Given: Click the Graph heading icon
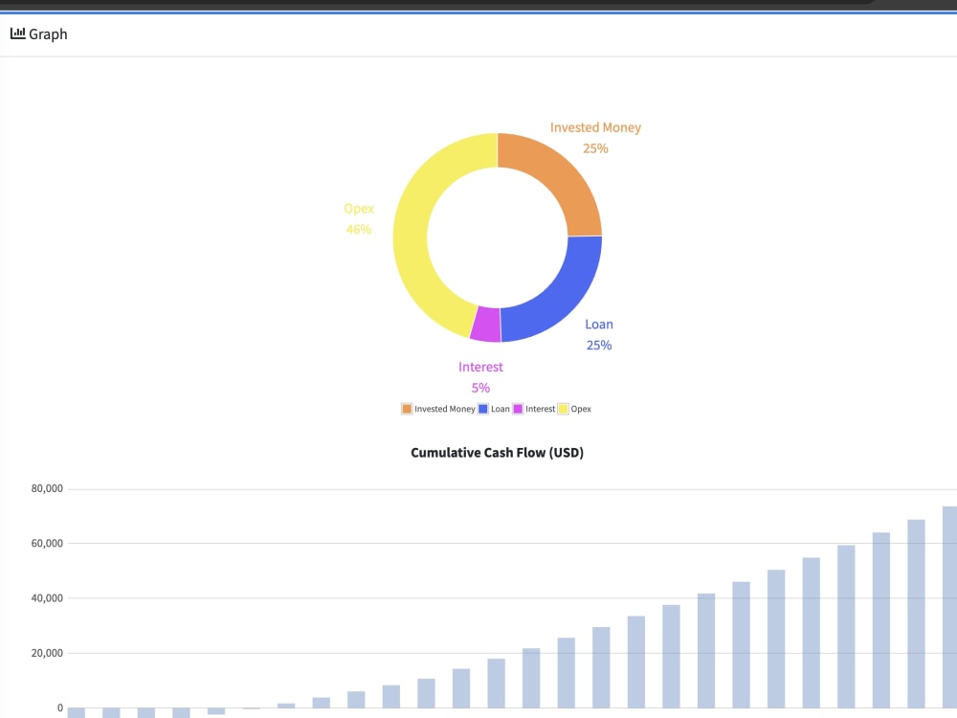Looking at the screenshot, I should click(17, 34).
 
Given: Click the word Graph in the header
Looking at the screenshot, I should click(48, 34).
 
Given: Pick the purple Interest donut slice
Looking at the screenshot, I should click(486, 325).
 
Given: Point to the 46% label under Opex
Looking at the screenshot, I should click(359, 230).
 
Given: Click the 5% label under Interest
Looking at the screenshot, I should click(480, 388).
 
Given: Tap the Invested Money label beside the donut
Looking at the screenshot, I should click(595, 127).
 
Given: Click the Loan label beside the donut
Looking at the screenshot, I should click(599, 325).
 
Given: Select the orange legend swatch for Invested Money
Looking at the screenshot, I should click(407, 409).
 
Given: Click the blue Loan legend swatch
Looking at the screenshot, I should click(483, 409).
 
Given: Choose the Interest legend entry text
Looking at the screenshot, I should click(541, 409).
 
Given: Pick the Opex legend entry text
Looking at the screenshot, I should click(581, 409).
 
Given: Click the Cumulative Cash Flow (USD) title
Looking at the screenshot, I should click(497, 453).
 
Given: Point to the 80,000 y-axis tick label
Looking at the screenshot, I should click(47, 489).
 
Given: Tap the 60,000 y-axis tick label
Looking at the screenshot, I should click(47, 544).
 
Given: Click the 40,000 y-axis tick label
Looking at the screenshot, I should click(47, 598).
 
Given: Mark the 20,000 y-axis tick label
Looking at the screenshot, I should click(47, 653).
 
